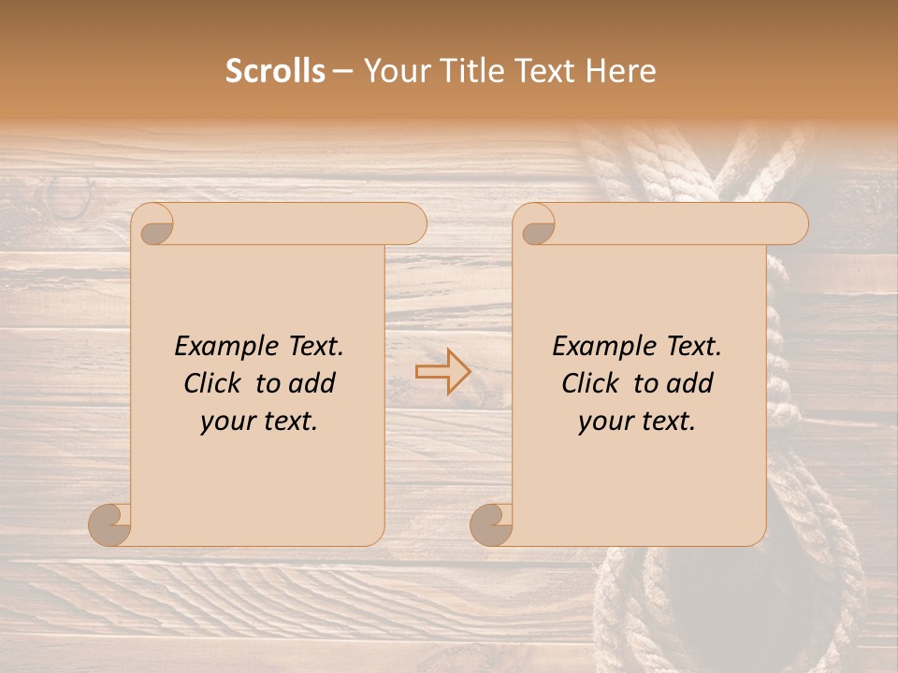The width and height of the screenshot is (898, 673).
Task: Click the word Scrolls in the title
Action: click(276, 70)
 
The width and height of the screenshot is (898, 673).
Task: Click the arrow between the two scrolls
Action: click(442, 371)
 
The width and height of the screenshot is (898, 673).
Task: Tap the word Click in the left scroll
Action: click(214, 383)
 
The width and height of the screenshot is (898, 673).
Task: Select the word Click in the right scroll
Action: click(592, 383)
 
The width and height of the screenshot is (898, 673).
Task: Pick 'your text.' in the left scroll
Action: click(259, 421)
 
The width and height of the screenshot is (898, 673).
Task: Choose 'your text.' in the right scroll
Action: click(637, 421)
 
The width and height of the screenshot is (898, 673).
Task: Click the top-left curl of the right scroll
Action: click(537, 225)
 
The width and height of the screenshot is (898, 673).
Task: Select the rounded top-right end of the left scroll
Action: click(412, 224)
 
